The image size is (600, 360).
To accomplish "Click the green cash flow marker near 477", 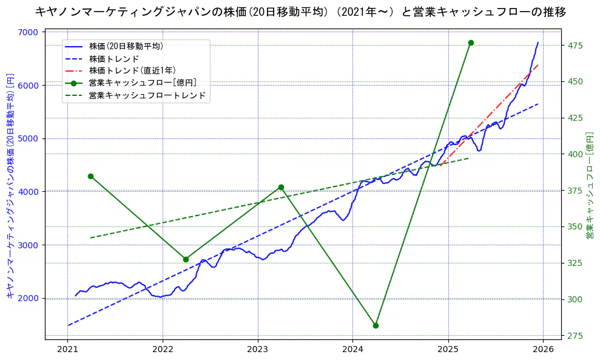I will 471,42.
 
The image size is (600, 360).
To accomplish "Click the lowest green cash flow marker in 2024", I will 376,325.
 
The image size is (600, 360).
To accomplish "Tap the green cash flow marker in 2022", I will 186,259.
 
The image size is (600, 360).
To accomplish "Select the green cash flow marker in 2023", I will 281,187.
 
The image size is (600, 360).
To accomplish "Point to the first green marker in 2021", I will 90,176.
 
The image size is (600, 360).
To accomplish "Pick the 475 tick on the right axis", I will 574,46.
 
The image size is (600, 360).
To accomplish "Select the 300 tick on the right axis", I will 574,299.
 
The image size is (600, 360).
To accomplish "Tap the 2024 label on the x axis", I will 352,350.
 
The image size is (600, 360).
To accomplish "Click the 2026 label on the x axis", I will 543,350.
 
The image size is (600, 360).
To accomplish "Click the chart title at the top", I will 300,12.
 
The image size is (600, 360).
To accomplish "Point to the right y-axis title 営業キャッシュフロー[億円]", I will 590,185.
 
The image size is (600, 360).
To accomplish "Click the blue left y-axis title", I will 10,185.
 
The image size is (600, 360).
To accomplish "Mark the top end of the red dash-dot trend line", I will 538,64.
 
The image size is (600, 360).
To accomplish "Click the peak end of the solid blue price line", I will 538,42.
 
